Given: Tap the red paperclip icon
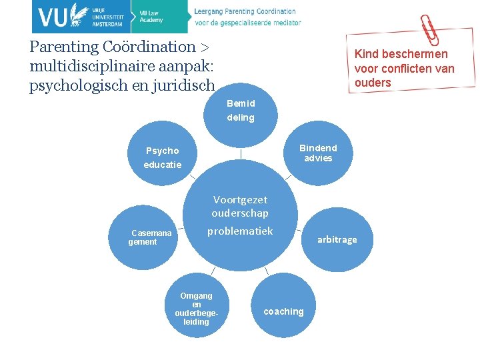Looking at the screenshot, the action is tap(429, 29).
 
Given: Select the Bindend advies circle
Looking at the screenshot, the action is tap(318, 153).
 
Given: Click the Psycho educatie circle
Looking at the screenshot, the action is tap(163, 157).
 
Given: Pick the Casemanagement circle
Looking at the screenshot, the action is tap(142, 237).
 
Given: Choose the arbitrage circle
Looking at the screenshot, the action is tap(337, 239).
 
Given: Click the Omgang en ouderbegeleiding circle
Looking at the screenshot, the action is tap(196, 308).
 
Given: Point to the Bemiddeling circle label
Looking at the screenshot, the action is tap(241, 111).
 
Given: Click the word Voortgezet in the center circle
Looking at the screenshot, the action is tap(240, 199).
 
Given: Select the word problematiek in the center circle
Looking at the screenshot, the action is tap(240, 231).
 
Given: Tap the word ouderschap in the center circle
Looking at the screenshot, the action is tap(240, 213).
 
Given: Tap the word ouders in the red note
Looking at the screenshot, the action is tap(373, 83).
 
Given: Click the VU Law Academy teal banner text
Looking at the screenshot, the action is tap(151, 17).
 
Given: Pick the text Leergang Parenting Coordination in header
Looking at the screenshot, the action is tap(245, 11).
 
